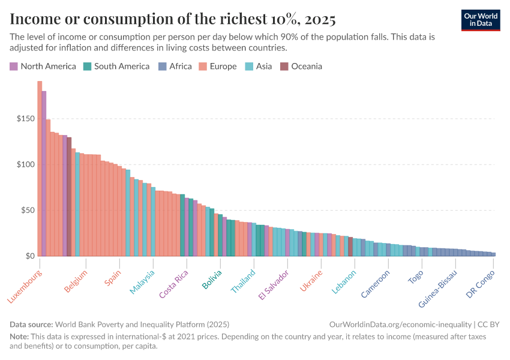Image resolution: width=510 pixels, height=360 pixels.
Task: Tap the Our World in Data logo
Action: pyautogui.click(x=481, y=20)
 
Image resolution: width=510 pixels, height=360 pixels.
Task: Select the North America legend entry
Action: pyautogui.click(x=43, y=66)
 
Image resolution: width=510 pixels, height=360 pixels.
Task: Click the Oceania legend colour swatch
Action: pyautogui.click(x=284, y=66)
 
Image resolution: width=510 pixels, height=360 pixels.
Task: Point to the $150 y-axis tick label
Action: pyautogui.click(x=25, y=119)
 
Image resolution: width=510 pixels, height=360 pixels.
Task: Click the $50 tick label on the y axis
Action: pyautogui.click(x=26, y=211)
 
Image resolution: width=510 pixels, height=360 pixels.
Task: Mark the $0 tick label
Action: pyautogui.click(x=29, y=256)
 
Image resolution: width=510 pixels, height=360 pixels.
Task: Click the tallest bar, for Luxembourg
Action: pyautogui.click(x=40, y=169)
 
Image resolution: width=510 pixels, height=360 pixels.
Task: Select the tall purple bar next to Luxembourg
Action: pyautogui.click(x=44, y=174)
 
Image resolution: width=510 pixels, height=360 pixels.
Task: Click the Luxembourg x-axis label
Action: pyautogui.click(x=25, y=286)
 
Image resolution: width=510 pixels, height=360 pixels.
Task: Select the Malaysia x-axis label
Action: pyautogui.click(x=142, y=282)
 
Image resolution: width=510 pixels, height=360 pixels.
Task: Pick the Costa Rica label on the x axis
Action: pyautogui.click(x=175, y=284)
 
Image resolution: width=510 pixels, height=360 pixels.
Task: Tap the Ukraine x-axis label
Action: pyautogui.click(x=311, y=281)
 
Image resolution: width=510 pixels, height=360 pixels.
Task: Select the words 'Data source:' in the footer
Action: pyautogui.click(x=31, y=324)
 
